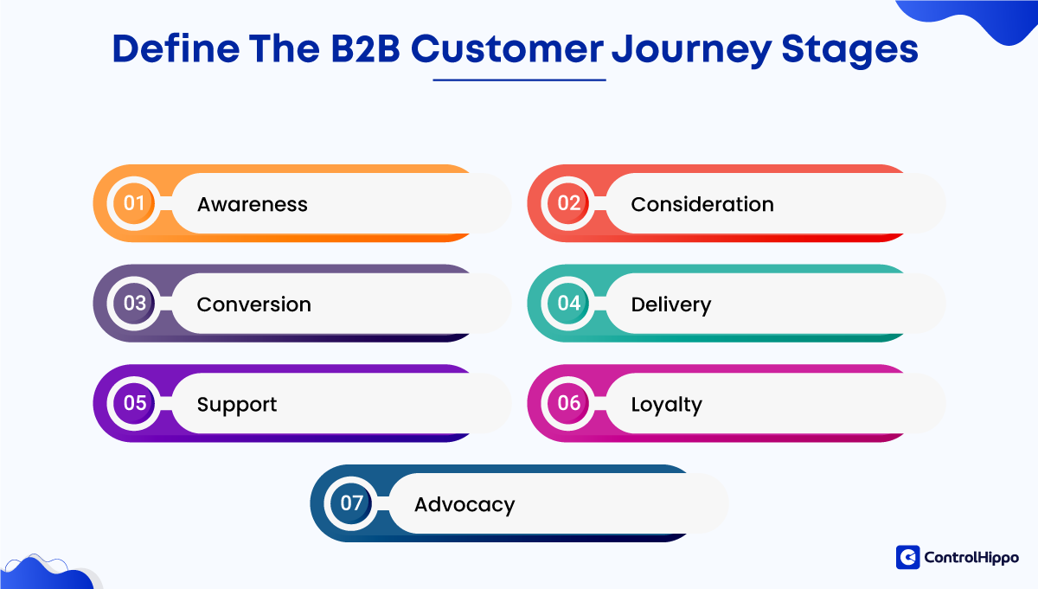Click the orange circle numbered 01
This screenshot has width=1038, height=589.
[x=134, y=203]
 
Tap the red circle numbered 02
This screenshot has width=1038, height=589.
[x=568, y=203]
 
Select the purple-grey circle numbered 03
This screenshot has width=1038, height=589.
[x=134, y=303]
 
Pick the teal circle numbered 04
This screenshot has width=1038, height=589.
[x=568, y=303]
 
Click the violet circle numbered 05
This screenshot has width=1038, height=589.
[x=134, y=403]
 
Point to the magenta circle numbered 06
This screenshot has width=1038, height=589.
[x=568, y=403]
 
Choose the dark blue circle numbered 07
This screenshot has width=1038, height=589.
[x=351, y=503]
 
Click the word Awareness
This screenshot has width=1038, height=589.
[x=252, y=204]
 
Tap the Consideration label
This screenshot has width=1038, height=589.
[x=702, y=204]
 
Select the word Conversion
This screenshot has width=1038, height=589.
[x=254, y=304]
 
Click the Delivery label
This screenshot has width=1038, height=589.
[x=671, y=305]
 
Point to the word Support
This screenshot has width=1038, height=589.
[x=237, y=405]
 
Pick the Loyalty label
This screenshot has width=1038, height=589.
[x=666, y=405]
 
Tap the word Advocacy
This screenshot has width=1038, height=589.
[x=465, y=505]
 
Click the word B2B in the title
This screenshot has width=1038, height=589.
[x=365, y=48]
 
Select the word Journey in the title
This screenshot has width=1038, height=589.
[x=692, y=51]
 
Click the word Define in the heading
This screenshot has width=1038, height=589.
[x=176, y=48]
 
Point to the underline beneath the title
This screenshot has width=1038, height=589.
[x=520, y=80]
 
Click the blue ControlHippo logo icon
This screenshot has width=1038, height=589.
[x=907, y=557]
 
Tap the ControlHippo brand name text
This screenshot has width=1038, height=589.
[x=971, y=558]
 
